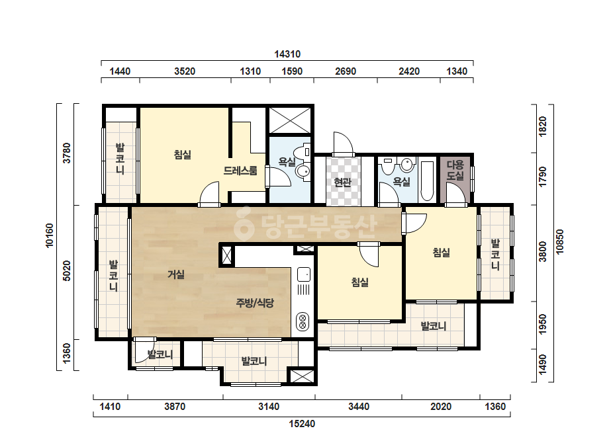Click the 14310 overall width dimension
pyautogui.click(x=287, y=54)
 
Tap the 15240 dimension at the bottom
pyautogui.click(x=302, y=424)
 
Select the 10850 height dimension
pyautogui.click(x=560, y=242)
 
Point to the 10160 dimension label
pyautogui.click(x=49, y=235)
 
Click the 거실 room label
pyautogui.click(x=175, y=274)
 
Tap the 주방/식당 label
pyautogui.click(x=255, y=303)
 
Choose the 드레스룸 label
pyautogui.click(x=240, y=171)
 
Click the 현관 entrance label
pyautogui.click(x=342, y=182)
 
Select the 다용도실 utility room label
pyautogui.click(x=455, y=170)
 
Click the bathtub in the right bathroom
pyautogui.click(x=428, y=181)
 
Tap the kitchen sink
pyautogui.click(x=304, y=274)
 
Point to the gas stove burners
pyautogui.click(x=303, y=321)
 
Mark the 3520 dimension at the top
pyautogui.click(x=185, y=71)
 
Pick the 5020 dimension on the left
pyautogui.click(x=67, y=270)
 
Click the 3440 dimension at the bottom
pyautogui.click(x=359, y=407)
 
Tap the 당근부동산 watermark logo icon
pyautogui.click(x=244, y=223)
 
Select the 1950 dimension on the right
pyautogui.click(x=542, y=325)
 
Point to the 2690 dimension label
pyautogui.click(x=346, y=71)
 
